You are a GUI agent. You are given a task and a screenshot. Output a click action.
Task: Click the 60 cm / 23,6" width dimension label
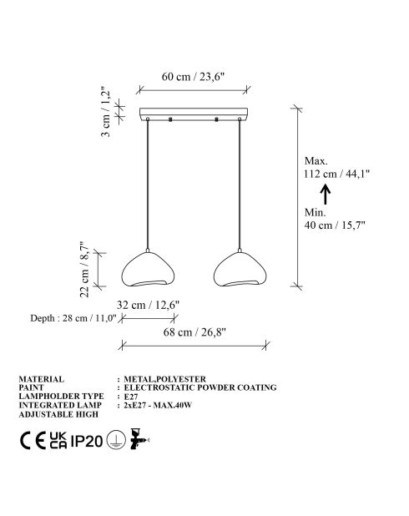193,77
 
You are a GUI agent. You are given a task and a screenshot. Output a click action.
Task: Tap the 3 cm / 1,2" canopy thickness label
106,112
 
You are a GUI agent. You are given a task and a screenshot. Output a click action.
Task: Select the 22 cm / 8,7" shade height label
84,269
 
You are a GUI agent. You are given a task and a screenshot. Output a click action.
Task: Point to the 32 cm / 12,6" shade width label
148,305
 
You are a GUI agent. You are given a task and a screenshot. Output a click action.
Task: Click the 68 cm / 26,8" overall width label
194,332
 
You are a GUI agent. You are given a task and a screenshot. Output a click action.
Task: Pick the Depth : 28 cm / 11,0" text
73,318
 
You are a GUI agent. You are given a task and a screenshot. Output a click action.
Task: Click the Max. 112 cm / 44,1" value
336,167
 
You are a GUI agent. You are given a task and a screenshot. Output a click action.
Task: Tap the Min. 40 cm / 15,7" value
335,219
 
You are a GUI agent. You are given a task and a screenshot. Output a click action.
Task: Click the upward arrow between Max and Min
326,195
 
